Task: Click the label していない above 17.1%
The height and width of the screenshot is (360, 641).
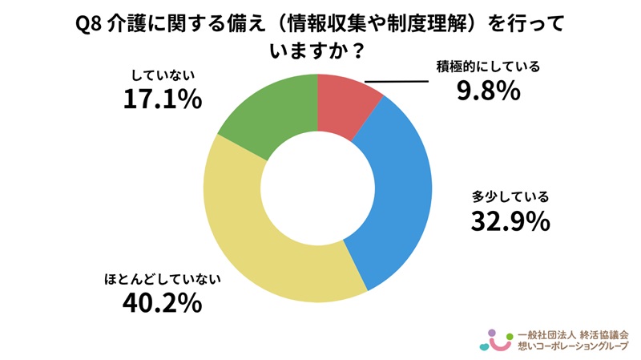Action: (x=163, y=76)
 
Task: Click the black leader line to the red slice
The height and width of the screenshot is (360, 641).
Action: (x=397, y=81)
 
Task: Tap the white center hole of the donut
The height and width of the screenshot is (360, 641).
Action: (x=317, y=188)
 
